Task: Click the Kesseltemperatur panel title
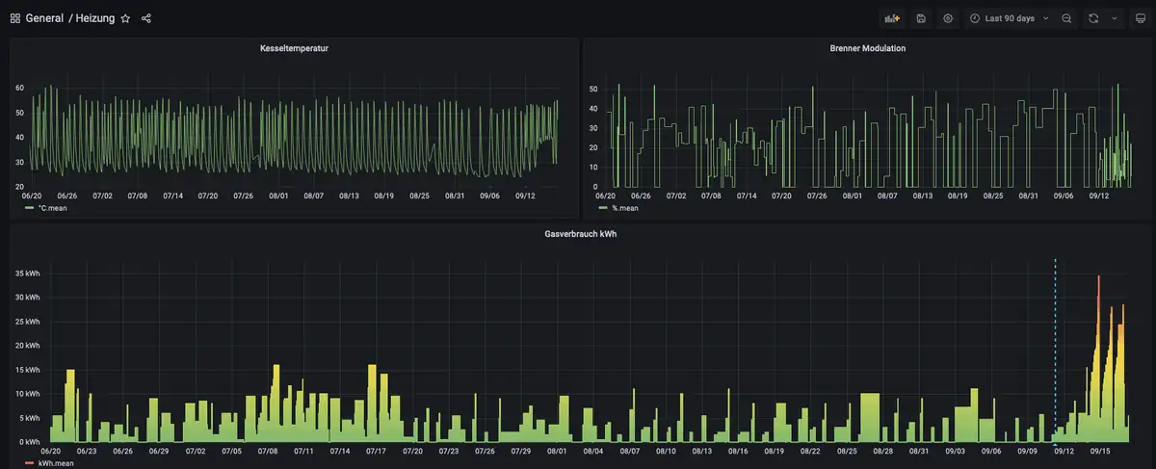click(294, 48)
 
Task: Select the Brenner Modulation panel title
click(867, 48)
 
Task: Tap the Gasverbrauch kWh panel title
click(580, 234)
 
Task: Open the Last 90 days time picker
click(1010, 18)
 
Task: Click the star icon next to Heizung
click(125, 18)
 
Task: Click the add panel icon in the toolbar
click(892, 18)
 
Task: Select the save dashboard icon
click(921, 18)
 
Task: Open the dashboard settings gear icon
click(949, 18)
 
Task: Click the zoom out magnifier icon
click(1066, 18)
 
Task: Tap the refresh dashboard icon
click(1093, 18)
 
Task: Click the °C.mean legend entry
click(52, 208)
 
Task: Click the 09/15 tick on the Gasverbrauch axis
click(1100, 451)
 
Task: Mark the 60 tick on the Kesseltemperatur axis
click(19, 88)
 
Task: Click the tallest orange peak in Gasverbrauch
click(1099, 277)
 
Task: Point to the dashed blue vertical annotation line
click(1055, 347)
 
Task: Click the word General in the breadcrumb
click(44, 18)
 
